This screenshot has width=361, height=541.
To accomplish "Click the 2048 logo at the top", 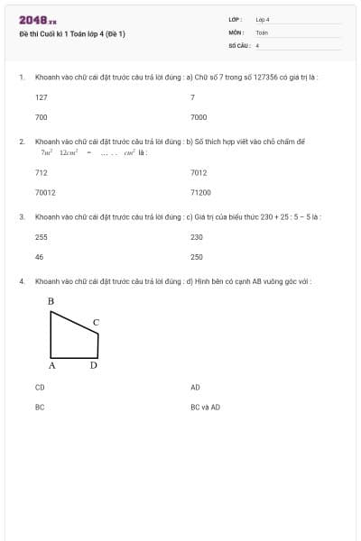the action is pyautogui.click(x=37, y=20).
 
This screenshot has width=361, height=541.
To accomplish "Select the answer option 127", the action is pyautogui.click(x=42, y=96).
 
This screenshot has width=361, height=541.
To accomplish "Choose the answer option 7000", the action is pyautogui.click(x=199, y=117).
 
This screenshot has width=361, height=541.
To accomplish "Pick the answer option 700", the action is pyautogui.click(x=42, y=117).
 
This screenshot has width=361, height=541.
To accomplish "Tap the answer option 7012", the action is pyautogui.click(x=199, y=172).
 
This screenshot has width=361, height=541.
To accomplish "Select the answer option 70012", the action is pyautogui.click(x=45, y=192).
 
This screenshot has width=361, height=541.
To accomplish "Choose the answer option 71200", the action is pyautogui.click(x=200, y=192).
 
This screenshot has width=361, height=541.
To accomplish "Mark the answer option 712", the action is pyautogui.click(x=42, y=172).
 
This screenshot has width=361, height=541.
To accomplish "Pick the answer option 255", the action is pyautogui.click(x=42, y=237).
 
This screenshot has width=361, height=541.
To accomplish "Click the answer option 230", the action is pyautogui.click(x=197, y=237).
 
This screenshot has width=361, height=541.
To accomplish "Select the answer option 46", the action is pyautogui.click(x=39, y=257).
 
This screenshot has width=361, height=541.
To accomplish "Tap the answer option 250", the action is pyautogui.click(x=197, y=257).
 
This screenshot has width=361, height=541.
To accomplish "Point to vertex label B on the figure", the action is pyautogui.click(x=51, y=301).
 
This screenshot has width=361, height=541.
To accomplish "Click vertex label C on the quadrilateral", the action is pyautogui.click(x=97, y=322).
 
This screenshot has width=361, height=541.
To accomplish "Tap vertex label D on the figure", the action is pyautogui.click(x=93, y=365).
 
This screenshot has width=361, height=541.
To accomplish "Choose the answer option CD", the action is pyautogui.click(x=40, y=387).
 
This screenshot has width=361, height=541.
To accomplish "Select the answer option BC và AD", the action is pyautogui.click(x=205, y=407).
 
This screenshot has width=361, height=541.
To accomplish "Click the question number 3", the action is pyautogui.click(x=21, y=217).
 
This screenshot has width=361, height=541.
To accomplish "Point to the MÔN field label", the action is pyautogui.click(x=236, y=32).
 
